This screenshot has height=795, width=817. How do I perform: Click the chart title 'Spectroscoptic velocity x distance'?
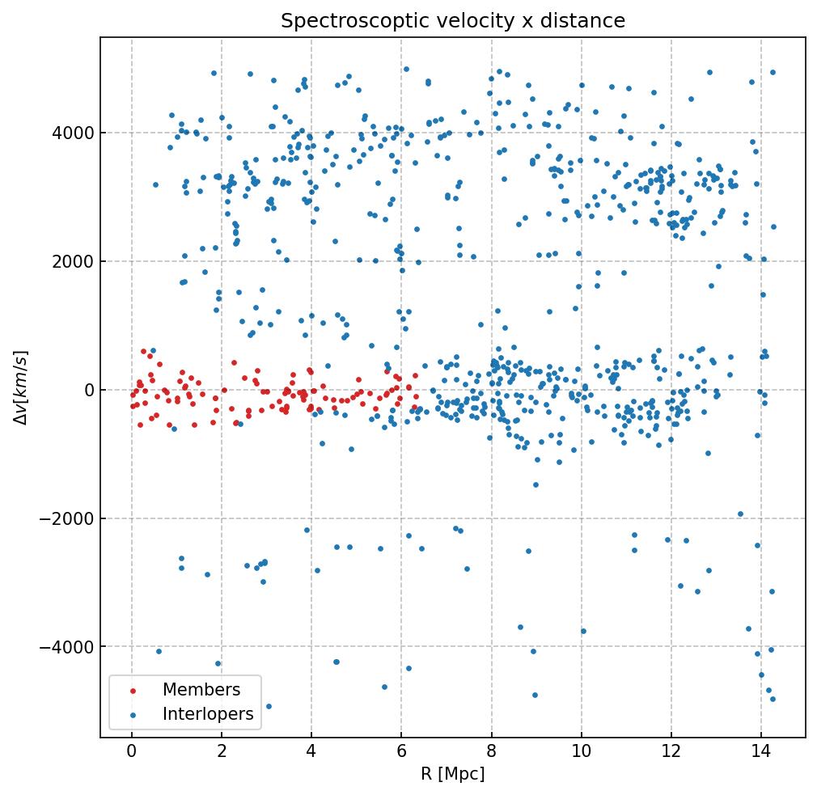(452, 21)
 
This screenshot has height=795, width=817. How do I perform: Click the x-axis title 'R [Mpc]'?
(452, 774)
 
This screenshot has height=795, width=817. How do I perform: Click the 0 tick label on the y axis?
(87, 390)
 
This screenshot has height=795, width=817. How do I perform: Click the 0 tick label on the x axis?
(132, 752)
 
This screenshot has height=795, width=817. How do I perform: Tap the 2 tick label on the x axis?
(222, 752)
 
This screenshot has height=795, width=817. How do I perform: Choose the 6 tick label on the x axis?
(401, 752)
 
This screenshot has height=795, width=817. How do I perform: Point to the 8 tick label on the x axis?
(491, 752)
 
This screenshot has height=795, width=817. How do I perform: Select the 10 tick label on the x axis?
(581, 752)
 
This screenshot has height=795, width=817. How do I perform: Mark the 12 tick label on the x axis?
(671, 752)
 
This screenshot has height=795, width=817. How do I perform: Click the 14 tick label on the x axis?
(760, 752)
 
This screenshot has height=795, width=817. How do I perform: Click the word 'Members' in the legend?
(201, 690)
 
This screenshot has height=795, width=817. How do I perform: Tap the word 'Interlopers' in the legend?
(208, 714)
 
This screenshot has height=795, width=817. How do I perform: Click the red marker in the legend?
(133, 690)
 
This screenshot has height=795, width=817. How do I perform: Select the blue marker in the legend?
(133, 714)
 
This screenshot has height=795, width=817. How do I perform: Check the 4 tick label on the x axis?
(311, 752)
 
